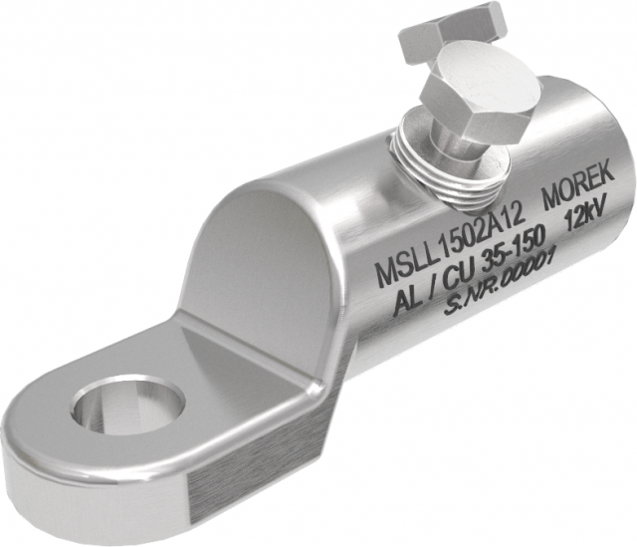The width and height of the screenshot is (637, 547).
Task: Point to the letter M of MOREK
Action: click(548, 198)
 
